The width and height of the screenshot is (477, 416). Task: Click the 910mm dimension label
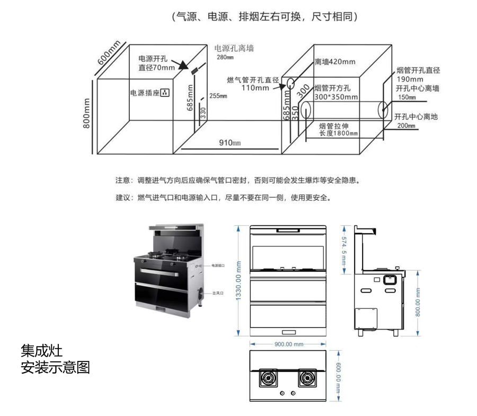tap(230, 143)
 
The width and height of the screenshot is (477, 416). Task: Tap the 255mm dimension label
tap(218, 96)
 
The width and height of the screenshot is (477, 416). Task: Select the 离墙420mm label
tap(335, 62)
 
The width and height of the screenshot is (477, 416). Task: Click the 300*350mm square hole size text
tap(335, 97)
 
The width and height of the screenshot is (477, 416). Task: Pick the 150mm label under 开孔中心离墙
tap(404, 97)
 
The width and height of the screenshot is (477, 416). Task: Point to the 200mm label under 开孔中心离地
tap(404, 126)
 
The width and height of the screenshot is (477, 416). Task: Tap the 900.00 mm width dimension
tap(288, 344)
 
